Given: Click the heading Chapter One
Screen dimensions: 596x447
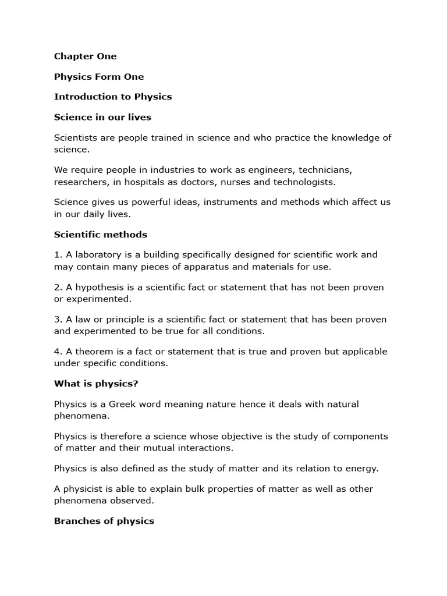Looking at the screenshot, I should click(85, 56).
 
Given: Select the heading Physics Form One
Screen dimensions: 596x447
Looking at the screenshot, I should click(98, 77).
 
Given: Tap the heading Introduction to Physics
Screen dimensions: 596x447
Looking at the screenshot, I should click(113, 97).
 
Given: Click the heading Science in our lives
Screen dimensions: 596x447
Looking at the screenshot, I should click(102, 117).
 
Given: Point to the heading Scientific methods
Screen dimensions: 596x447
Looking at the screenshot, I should click(101, 235).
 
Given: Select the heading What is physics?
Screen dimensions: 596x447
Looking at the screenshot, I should click(96, 384).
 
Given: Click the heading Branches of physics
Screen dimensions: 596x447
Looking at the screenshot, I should click(104, 521).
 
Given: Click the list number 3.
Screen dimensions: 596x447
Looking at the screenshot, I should click(57, 320).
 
